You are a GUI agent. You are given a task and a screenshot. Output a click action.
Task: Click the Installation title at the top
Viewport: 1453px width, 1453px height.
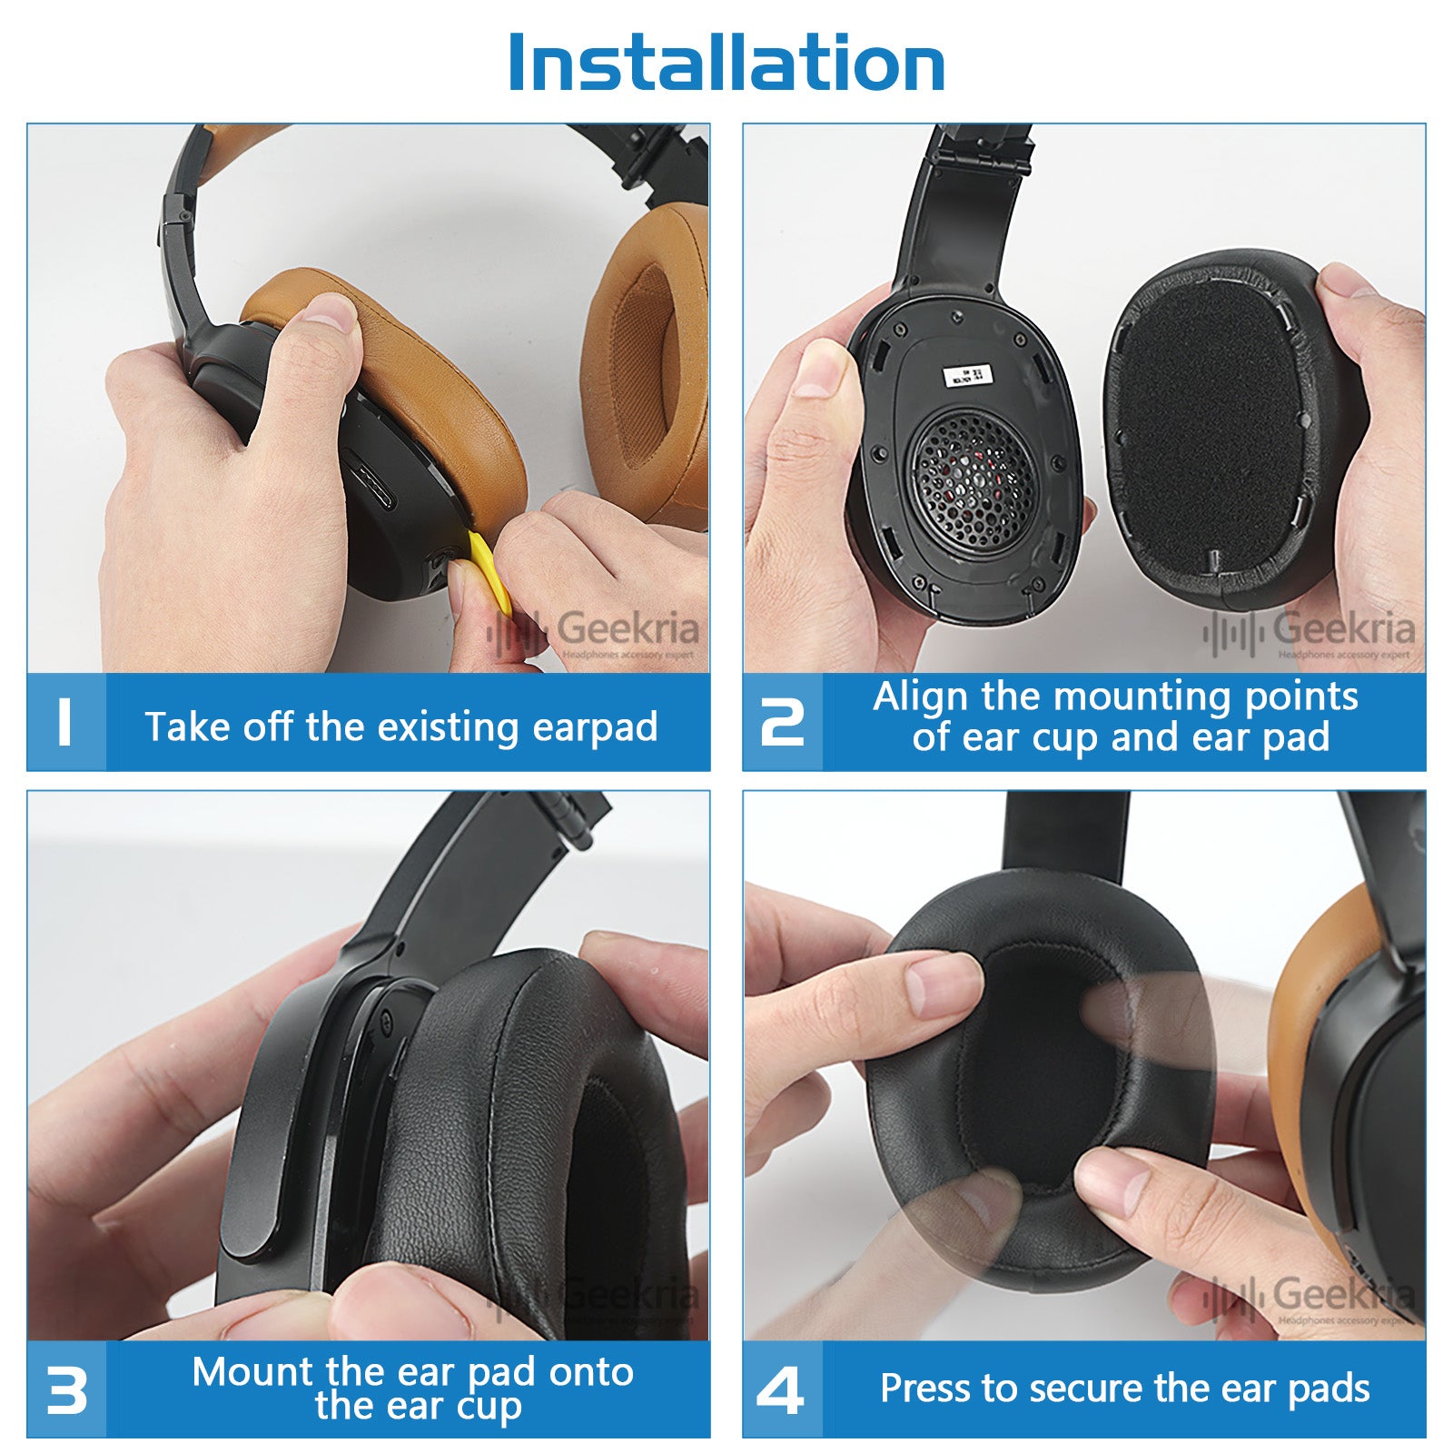coord(726,64)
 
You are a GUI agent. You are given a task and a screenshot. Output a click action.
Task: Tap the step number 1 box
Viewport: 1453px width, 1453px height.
coord(66,723)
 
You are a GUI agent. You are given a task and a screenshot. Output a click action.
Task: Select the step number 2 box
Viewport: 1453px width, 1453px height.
coord(782,723)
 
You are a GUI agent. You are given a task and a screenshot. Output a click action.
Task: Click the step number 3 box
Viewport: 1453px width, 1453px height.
coord(66,1389)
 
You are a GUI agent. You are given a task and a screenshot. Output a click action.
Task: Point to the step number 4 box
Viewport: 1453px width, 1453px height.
coord(782,1389)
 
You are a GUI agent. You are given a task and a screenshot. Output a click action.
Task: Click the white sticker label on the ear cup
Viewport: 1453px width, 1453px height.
coord(969,375)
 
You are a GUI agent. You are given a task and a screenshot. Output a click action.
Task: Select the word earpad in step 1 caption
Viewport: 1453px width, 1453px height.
coord(595,726)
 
